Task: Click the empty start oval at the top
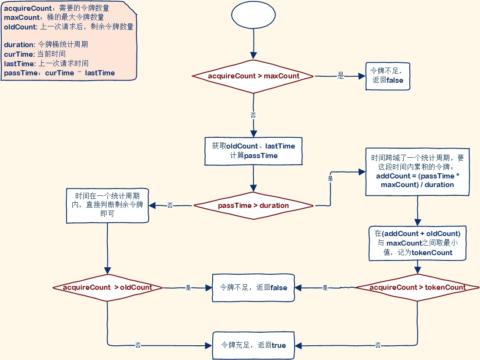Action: (x=253, y=16)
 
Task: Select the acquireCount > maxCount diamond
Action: (x=253, y=76)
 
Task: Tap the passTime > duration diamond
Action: (x=253, y=205)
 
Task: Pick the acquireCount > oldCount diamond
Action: (x=107, y=287)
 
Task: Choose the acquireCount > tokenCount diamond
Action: (x=417, y=287)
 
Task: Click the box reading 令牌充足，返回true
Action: (x=253, y=345)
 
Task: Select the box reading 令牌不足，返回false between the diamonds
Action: (x=253, y=287)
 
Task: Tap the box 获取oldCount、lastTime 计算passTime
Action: (x=253, y=151)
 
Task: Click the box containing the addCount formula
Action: (x=417, y=171)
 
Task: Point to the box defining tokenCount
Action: (x=417, y=243)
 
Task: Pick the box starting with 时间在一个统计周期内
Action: (x=107, y=205)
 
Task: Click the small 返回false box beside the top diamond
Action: (x=388, y=76)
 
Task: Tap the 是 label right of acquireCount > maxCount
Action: (x=341, y=76)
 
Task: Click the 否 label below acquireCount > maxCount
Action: (x=253, y=115)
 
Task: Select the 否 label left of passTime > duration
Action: (x=170, y=205)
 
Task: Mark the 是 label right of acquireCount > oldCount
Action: (x=188, y=287)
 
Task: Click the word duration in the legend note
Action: (x=19, y=45)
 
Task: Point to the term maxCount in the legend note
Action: (x=19, y=17)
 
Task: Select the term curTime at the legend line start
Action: (x=18, y=54)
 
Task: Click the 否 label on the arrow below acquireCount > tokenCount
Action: (x=378, y=345)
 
